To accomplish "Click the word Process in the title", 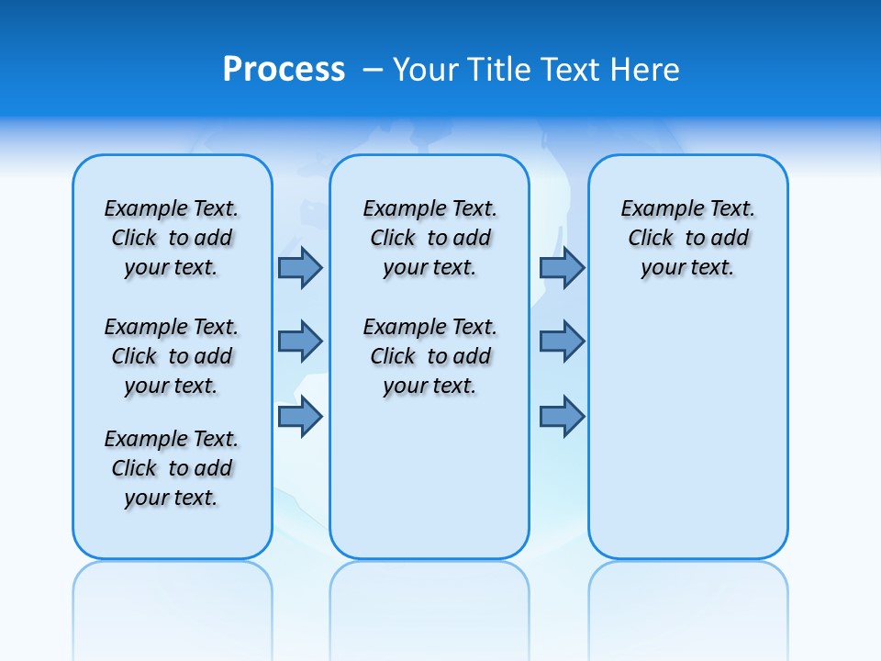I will (284, 70).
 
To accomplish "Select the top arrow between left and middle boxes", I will (300, 268).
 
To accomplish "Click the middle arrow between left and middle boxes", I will (300, 342).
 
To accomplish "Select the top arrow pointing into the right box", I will (562, 268).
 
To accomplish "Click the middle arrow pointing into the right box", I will (562, 342).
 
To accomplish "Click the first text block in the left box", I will (172, 238).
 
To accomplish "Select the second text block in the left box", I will (172, 356).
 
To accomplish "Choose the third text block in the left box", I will (172, 468).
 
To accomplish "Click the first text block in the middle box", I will (429, 238).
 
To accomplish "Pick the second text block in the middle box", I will (429, 356).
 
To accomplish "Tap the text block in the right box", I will (687, 238).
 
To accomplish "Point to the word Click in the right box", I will (651, 239).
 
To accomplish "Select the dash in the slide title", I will (373, 70).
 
